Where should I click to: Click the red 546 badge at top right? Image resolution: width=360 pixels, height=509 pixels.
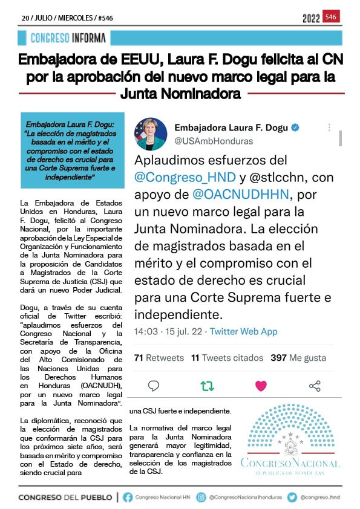point(331,17)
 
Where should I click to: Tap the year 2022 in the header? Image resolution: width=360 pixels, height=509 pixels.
point(311,18)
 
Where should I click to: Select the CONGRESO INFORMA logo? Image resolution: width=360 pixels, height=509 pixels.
point(69,38)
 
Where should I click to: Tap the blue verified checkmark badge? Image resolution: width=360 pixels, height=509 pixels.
point(295,128)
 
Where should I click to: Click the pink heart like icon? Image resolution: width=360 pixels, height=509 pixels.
point(261,386)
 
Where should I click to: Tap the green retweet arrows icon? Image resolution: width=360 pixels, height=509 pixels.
point(207,386)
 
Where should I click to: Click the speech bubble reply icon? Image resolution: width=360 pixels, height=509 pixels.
point(154,386)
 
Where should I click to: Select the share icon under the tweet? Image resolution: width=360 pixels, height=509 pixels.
point(315,386)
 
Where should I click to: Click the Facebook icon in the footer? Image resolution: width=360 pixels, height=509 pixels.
point(128,497)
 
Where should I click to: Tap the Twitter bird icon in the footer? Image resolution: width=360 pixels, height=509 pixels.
point(292,497)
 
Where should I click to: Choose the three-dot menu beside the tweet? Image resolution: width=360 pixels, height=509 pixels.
point(329,128)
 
